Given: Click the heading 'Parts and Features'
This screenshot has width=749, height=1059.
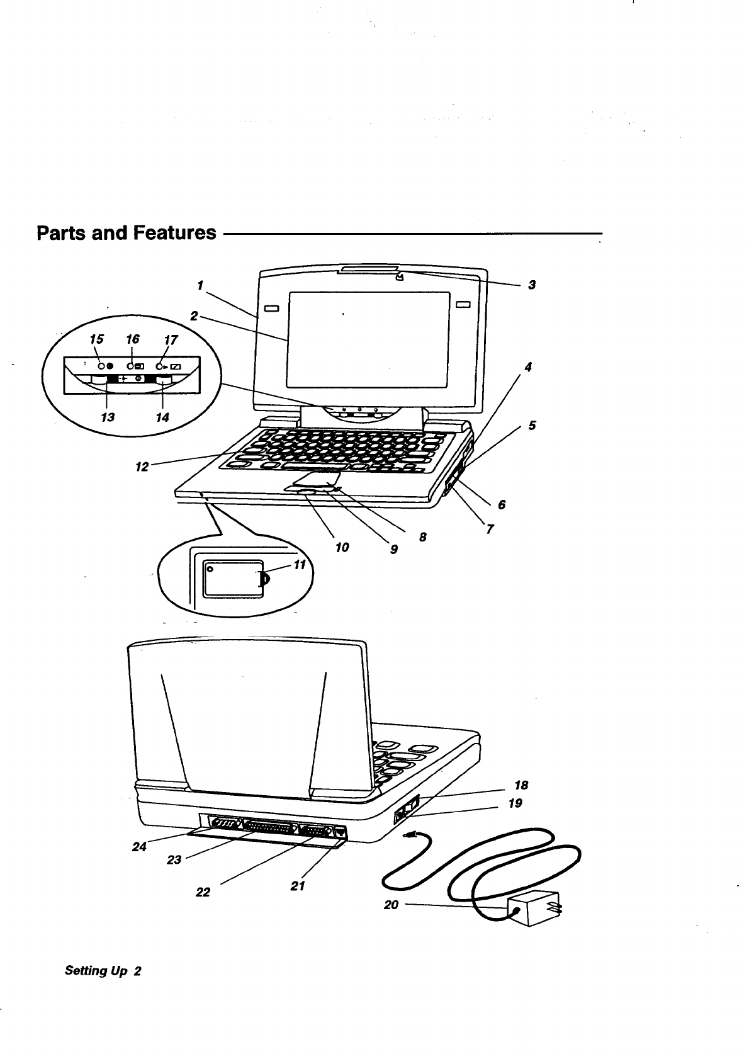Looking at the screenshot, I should tap(126, 233).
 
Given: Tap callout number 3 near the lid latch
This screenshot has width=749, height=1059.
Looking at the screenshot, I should tap(532, 285).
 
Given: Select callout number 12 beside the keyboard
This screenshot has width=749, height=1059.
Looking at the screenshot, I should tap(142, 467).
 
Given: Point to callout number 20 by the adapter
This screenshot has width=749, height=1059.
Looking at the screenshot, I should tap(391, 905).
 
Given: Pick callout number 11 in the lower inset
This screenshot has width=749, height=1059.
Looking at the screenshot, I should tap(300, 565).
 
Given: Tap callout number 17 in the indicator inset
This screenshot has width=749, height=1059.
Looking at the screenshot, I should tap(171, 341).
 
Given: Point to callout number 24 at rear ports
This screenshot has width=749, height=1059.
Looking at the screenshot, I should tap(139, 847).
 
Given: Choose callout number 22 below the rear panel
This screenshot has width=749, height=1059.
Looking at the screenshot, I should tap(203, 892).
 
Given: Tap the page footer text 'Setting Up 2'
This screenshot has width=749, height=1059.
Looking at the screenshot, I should tap(103, 971).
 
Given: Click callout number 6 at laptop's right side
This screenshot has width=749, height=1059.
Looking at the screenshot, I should tap(502, 504).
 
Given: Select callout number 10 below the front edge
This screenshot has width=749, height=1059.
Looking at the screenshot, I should tap(342, 548).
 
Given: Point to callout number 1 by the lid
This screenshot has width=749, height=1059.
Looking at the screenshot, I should tap(199, 285).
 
